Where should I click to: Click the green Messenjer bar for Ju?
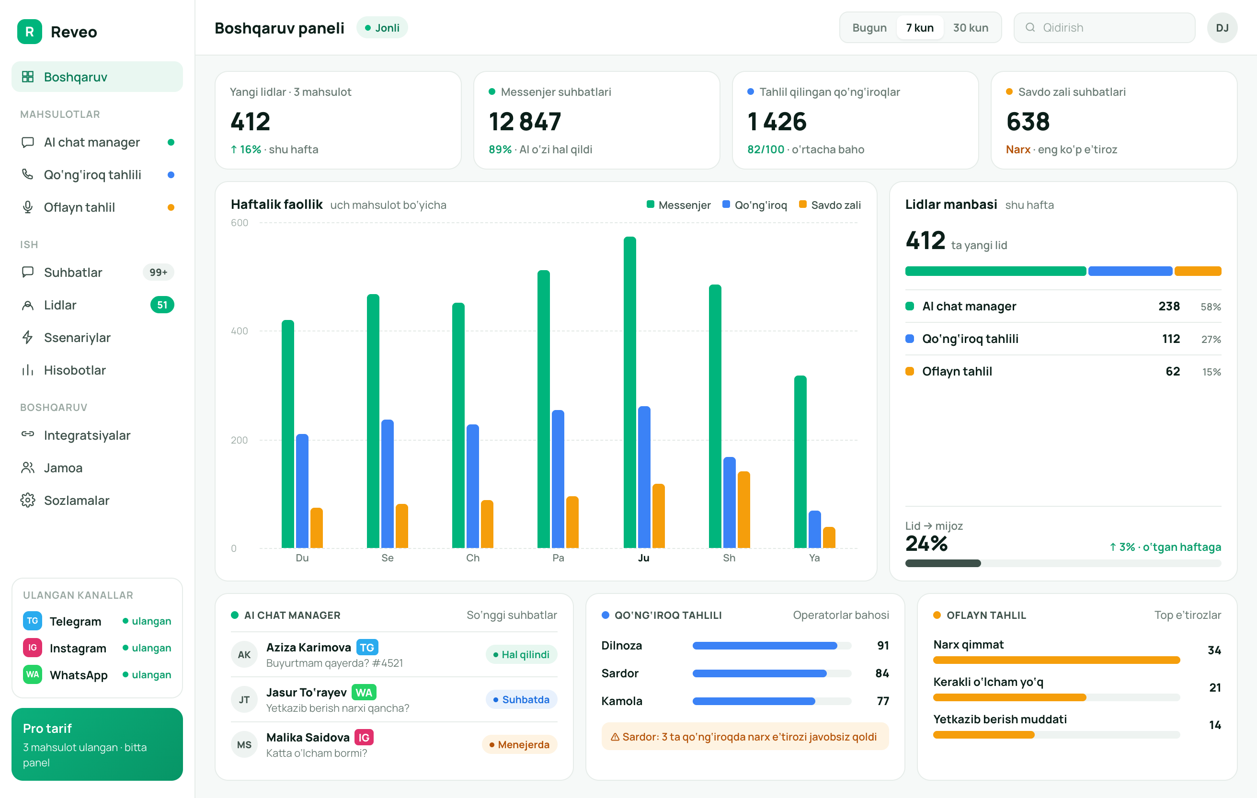[629, 392]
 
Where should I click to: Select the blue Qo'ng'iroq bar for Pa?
[558, 479]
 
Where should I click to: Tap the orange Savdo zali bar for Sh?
[743, 510]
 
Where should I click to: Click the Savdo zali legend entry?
[830, 205]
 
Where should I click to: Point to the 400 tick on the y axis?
[240, 331]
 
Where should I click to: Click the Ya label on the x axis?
[814, 558]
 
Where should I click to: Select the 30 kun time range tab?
[971, 28]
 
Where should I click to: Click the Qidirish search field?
[1104, 28]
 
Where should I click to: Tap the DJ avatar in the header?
[1222, 28]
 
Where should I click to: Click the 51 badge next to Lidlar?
[162, 305]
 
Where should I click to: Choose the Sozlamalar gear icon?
[28, 501]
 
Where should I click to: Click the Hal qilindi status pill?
[522, 654]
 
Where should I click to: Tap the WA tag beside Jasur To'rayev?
[364, 693]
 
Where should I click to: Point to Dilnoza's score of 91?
[883, 646]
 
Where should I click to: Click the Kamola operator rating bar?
[772, 701]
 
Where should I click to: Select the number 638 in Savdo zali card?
[1028, 122]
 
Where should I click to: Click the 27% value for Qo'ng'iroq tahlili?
[1211, 339]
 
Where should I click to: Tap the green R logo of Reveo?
[30, 32]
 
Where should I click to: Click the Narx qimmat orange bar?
[1057, 660]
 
